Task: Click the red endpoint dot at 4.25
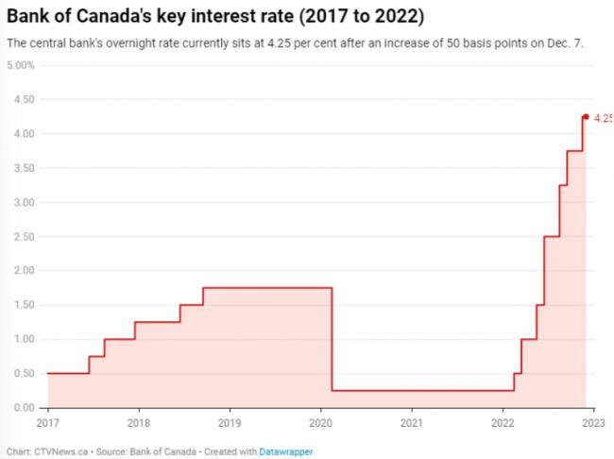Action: point(586,117)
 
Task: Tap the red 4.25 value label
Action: point(603,118)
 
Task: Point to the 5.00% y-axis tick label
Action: point(20,65)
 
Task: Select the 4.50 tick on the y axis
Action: point(23,99)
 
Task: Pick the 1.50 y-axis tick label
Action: point(23,305)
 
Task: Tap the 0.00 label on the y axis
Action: point(23,408)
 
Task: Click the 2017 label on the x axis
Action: point(47,422)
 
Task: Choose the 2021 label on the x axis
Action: point(412,422)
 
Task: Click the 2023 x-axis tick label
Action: point(593,422)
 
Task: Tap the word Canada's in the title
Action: point(118,18)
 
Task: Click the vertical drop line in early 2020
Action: point(333,340)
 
